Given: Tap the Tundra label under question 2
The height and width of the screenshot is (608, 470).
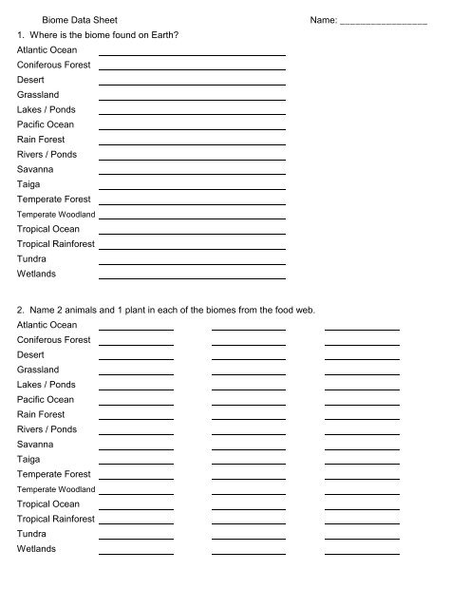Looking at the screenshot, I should [x=33, y=534].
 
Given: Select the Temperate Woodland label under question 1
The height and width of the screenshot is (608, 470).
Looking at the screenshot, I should [x=55, y=215].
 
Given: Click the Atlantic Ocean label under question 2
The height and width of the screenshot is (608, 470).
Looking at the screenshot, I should [x=47, y=325].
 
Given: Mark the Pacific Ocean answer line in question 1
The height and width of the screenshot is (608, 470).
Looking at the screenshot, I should [x=192, y=129].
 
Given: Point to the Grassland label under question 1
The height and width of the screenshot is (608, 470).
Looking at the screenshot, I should [x=38, y=95].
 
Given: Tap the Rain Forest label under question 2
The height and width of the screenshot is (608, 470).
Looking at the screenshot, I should [x=41, y=414].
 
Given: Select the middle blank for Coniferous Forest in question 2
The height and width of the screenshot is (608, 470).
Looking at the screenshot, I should [x=249, y=344].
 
